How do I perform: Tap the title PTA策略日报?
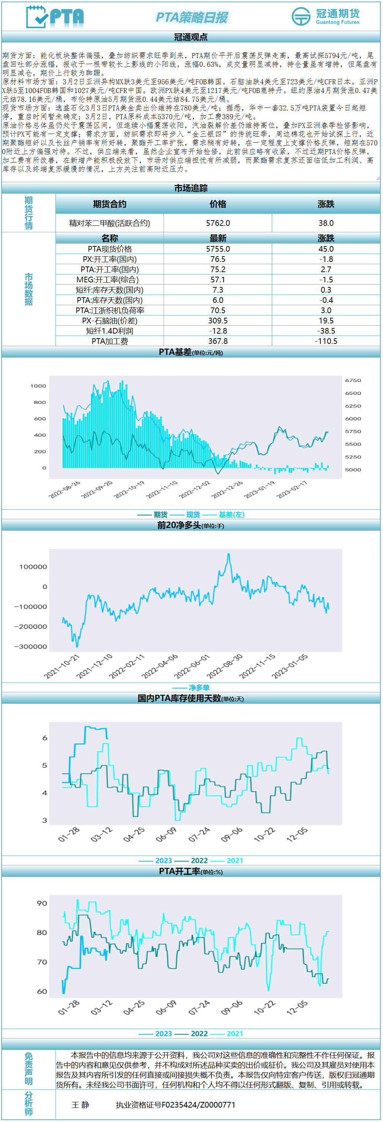191,17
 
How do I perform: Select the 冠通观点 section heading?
191,38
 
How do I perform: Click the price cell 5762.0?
218,223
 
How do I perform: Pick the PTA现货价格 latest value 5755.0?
218,249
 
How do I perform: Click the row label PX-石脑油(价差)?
109,321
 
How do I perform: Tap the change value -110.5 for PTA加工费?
326,341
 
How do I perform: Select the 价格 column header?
218,204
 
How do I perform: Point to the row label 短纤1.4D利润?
109,331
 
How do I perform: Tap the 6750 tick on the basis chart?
353,380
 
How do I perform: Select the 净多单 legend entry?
199,687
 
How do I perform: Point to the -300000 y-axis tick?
30,646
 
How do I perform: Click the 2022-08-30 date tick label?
225,666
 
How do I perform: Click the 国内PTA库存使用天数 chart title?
179,699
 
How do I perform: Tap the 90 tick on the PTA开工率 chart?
42,903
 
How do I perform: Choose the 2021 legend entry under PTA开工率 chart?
235,1034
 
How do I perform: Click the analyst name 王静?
80,1105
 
